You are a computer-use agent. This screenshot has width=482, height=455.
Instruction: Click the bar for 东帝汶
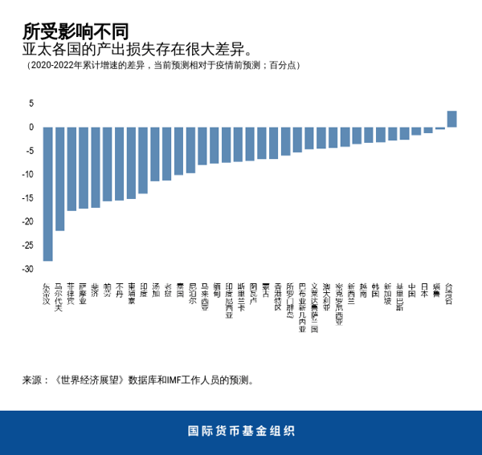tap(47, 193)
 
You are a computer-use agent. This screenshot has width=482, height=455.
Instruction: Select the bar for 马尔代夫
tap(59, 178)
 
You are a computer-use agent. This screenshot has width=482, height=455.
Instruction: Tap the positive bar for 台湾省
tap(451, 119)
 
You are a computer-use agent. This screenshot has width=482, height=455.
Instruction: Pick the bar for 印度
tap(143, 160)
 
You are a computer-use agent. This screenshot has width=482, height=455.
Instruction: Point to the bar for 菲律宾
tap(71, 169)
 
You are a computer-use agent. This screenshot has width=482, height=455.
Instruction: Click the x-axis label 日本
tap(427, 289)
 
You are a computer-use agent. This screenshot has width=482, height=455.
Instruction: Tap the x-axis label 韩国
tap(375, 289)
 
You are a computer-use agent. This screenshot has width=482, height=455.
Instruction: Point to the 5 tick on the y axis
tap(31, 104)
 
